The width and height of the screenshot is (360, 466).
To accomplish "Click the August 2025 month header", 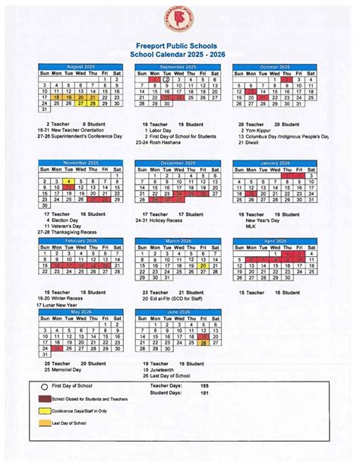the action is (81, 67).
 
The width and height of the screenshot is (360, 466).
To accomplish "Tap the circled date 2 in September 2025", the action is (166, 79).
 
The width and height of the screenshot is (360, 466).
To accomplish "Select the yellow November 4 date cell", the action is (68, 182).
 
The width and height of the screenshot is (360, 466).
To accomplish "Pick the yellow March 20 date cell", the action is (203, 266).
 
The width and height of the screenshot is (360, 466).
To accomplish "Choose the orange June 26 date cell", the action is (204, 343).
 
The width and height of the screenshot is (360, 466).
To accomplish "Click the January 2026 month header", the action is (275, 163).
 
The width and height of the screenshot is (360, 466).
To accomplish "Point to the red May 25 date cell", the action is (56, 350).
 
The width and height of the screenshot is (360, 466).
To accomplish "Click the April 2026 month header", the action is (275, 240).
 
